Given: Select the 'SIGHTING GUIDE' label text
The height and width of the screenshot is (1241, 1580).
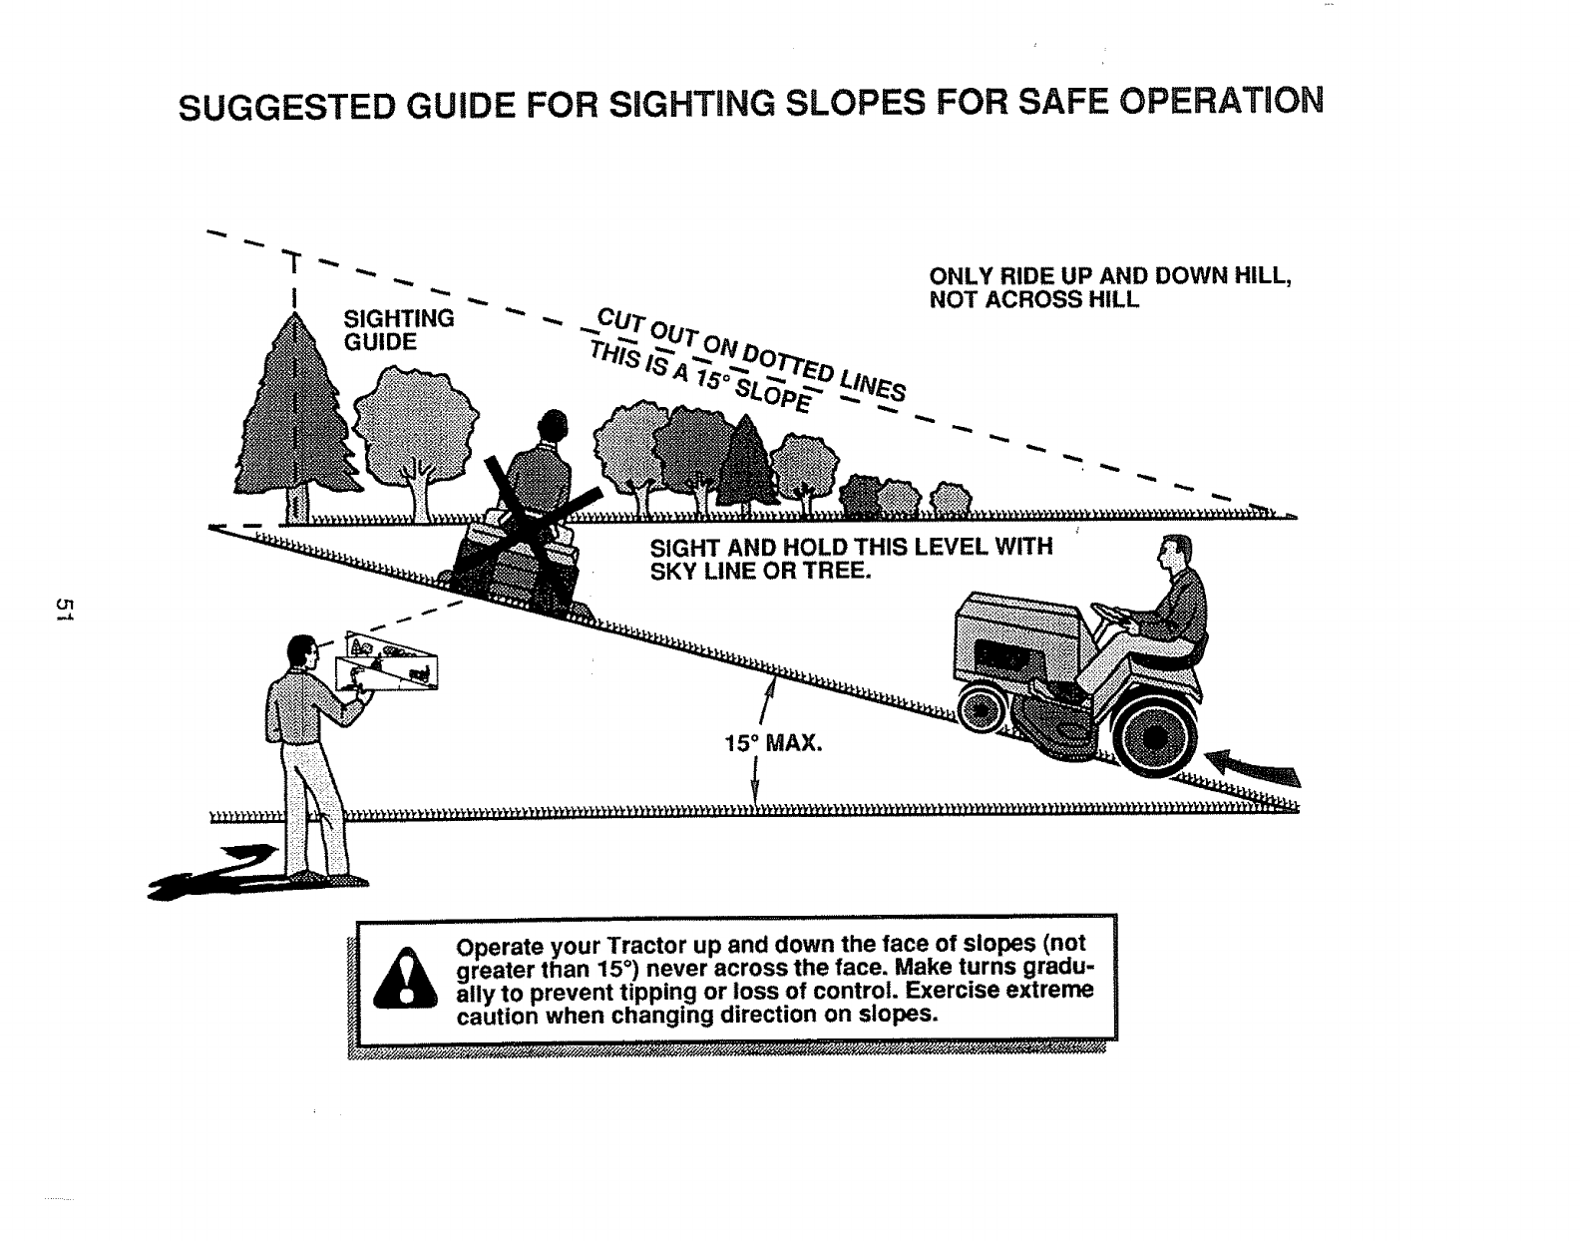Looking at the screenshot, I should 397,330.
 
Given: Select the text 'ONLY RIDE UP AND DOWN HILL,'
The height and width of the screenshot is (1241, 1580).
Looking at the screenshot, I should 1110,276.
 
